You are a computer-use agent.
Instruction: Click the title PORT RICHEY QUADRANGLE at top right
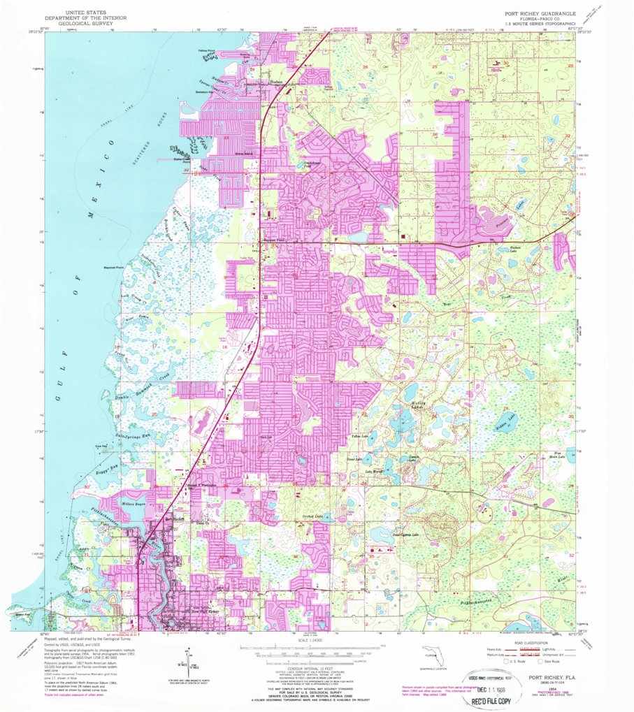click(535, 13)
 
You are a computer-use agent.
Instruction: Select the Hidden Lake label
click(505, 418)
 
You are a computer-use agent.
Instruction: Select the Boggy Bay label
click(101, 467)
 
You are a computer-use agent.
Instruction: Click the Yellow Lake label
click(359, 436)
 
